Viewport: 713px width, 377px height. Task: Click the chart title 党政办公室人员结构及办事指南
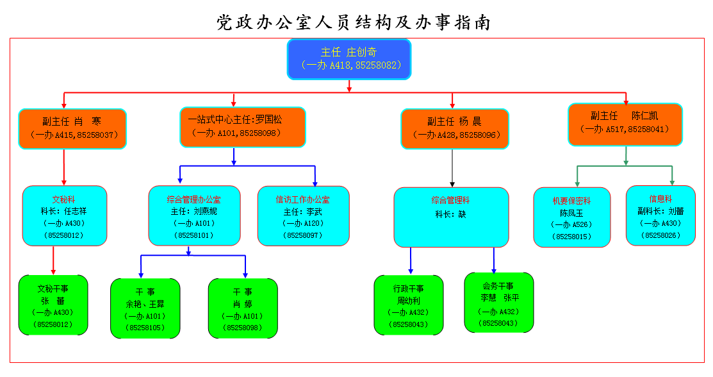click(354, 22)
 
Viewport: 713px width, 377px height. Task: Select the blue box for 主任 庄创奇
click(349, 59)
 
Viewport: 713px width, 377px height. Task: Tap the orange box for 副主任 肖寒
click(72, 129)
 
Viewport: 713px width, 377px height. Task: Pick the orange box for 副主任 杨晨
click(454, 129)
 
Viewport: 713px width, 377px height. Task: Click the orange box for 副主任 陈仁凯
click(625, 124)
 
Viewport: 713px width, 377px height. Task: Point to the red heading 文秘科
click(64, 199)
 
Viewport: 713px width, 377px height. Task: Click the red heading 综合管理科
click(451, 200)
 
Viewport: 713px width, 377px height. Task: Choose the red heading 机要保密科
click(571, 201)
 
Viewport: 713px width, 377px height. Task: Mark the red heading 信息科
click(660, 199)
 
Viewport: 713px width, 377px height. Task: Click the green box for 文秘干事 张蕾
click(53, 305)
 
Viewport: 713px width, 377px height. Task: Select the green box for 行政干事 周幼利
click(409, 305)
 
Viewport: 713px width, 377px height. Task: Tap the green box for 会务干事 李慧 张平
click(499, 302)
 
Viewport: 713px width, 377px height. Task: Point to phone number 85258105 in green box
click(145, 328)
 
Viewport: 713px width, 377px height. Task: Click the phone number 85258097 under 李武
click(303, 235)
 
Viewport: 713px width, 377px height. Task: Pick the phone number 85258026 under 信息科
click(660, 235)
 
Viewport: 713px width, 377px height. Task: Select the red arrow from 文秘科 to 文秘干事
click(53, 260)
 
